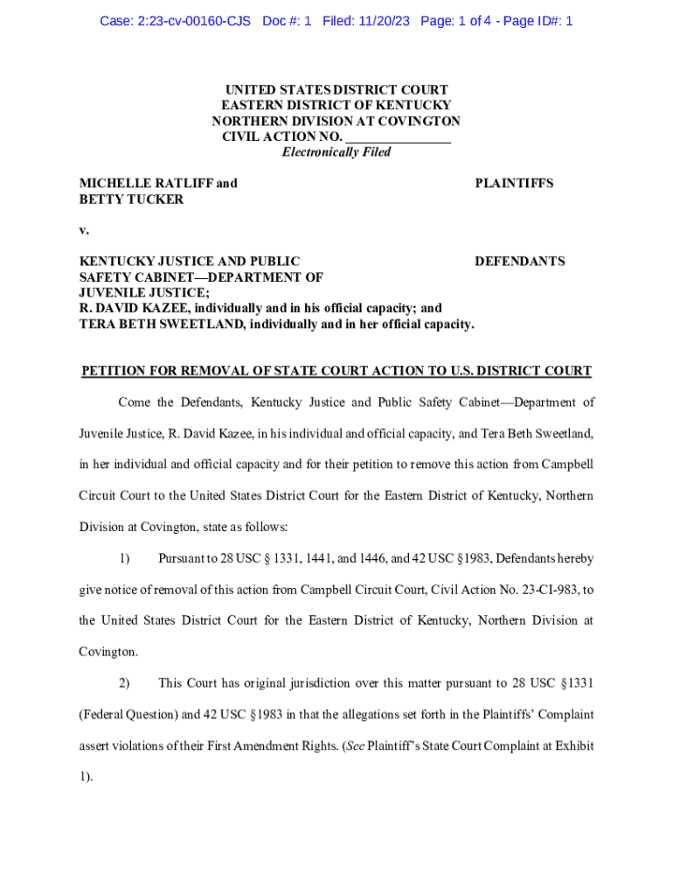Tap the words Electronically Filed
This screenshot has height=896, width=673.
(336, 152)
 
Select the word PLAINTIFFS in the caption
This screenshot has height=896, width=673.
(514, 183)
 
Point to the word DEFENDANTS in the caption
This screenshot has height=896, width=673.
(519, 261)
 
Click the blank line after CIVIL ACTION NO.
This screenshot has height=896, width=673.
(399, 136)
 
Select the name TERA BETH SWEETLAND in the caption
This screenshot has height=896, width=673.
(158, 325)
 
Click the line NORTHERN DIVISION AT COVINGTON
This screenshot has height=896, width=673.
(336, 121)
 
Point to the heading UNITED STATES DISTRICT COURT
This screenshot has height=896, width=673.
(336, 89)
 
